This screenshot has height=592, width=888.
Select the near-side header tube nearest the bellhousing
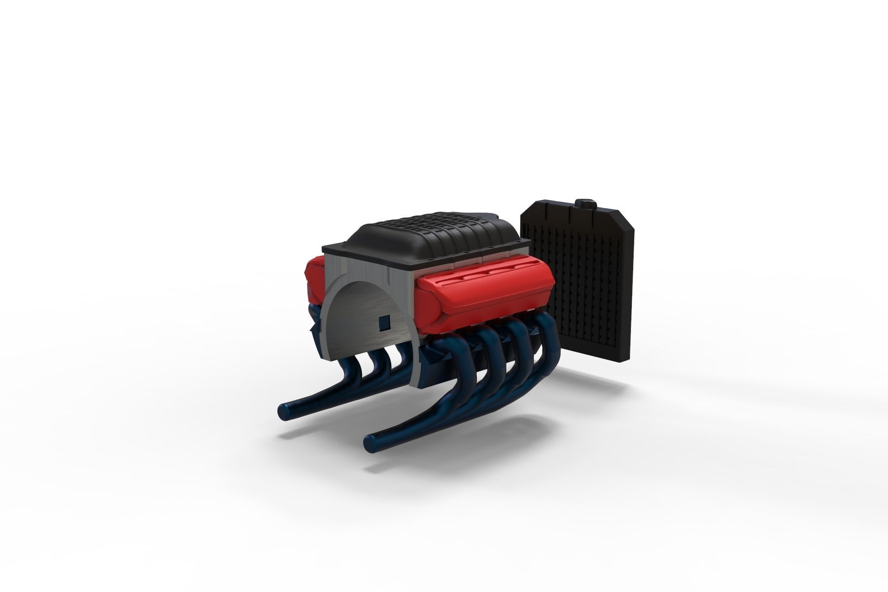pyautogui.click(x=444, y=370)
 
